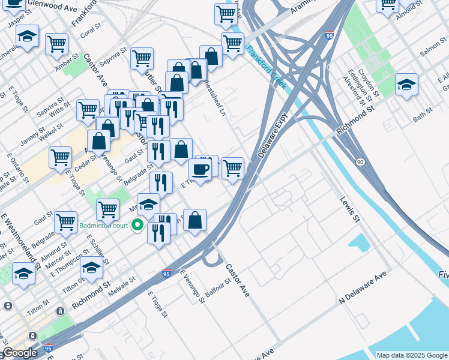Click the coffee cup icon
pyautogui.click(x=200, y=169)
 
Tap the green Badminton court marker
pyautogui.click(x=137, y=226)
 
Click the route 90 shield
pyautogui.click(x=360, y=162)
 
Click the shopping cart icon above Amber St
pyautogui.click(x=56, y=43)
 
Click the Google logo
pyautogui.click(x=20, y=353)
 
